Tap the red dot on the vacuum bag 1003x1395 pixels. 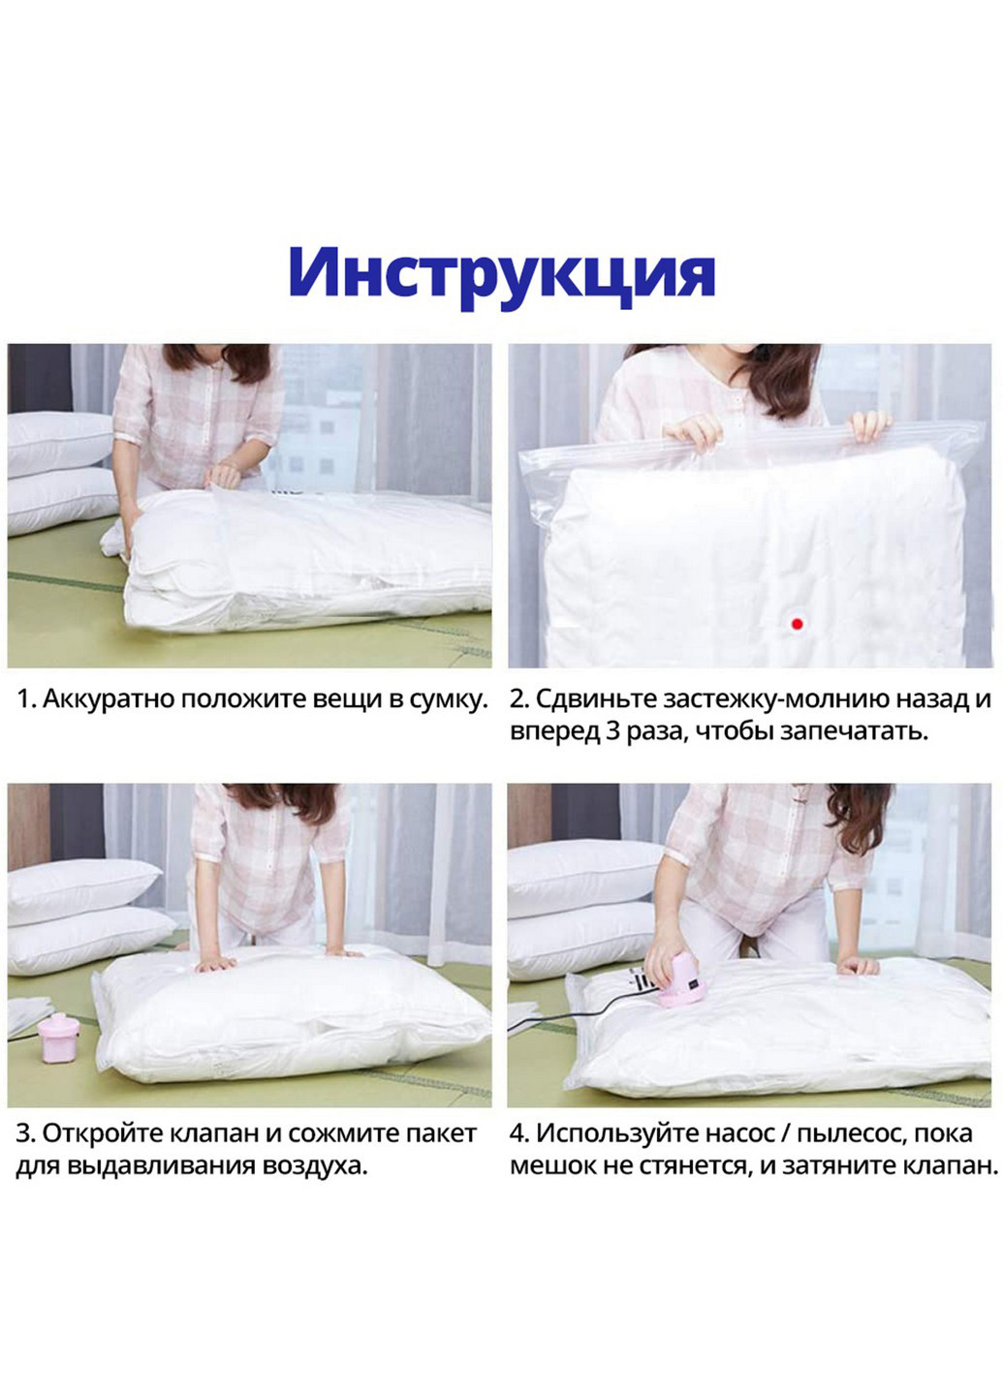(797, 624)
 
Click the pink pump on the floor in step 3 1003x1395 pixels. (60, 1038)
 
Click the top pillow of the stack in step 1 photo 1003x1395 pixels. (58, 442)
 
